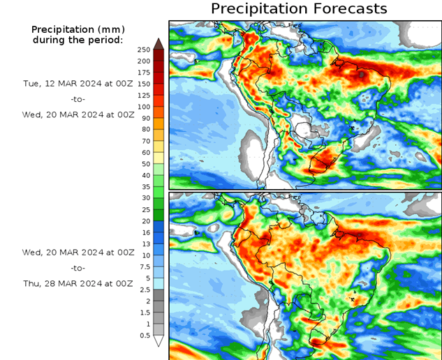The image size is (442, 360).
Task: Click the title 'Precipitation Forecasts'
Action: [298, 9]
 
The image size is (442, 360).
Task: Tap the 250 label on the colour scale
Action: [144, 50]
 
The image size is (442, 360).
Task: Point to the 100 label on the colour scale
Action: [144, 107]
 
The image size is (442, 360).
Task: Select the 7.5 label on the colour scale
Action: [144, 266]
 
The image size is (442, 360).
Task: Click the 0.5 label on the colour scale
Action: [144, 335]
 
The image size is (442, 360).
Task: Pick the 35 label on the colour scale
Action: [144, 186]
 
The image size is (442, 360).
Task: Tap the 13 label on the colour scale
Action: [144, 243]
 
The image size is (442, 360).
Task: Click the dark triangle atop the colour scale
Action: [159, 43]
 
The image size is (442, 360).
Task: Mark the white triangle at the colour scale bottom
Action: [159, 341]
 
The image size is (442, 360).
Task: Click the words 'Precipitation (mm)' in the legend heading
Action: [78, 29]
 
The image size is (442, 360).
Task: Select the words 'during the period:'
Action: [78, 40]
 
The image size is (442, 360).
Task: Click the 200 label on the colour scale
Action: [144, 61]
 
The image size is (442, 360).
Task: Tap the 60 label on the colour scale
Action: [144, 152]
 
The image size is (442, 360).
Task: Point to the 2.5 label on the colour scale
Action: [144, 289]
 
